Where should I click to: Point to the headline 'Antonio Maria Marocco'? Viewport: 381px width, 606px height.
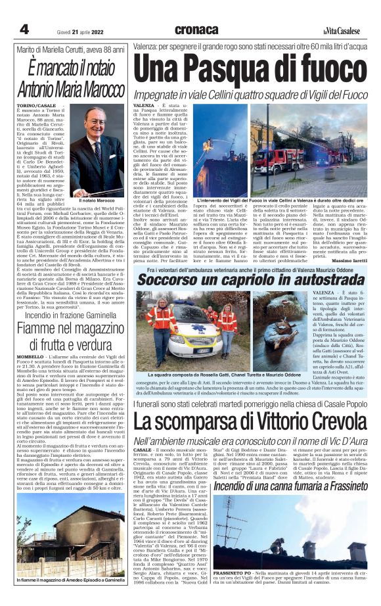[70, 89]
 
